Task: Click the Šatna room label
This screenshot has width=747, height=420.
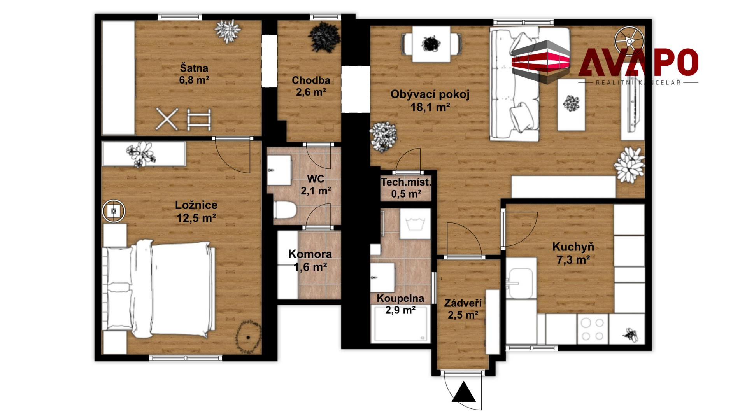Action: coord(194,68)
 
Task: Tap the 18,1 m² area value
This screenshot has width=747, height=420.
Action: coord(430,107)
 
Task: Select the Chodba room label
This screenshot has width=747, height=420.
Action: coord(311,80)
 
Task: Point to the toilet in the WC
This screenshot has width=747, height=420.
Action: coord(285,210)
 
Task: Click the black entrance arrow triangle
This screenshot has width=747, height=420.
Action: coord(464,392)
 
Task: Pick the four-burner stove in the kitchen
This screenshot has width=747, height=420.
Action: coord(592,329)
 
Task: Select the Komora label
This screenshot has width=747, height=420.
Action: coord(310,254)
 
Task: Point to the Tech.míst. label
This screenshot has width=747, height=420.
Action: coord(406,182)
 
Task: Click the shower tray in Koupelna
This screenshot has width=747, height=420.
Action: coord(401,324)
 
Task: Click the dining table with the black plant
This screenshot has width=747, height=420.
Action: coord(431,44)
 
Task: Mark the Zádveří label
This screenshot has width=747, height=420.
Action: coord(463,303)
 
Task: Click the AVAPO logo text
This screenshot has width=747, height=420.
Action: coord(638,63)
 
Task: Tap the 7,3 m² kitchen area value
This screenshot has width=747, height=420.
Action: coord(573,259)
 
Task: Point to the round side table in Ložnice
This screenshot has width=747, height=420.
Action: coord(114,211)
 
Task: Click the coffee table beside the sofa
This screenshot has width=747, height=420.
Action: coord(571,105)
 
